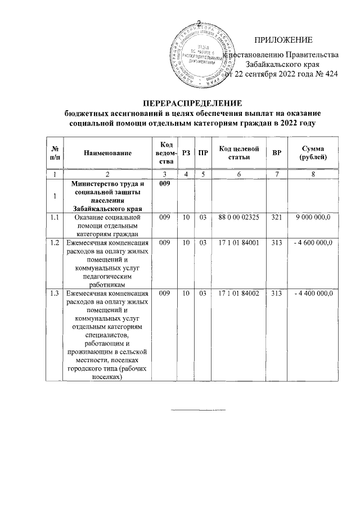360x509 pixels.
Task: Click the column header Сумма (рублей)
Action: point(313,152)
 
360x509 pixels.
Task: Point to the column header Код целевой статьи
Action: point(238,152)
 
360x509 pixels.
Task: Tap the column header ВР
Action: point(277,152)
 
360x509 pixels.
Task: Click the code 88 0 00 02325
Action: point(239,217)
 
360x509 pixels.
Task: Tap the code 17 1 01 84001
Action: point(239,242)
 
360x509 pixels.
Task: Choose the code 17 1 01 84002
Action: point(239,293)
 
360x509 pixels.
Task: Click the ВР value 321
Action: point(277,217)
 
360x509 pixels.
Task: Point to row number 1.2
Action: point(55,242)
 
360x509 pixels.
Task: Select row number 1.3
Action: point(55,293)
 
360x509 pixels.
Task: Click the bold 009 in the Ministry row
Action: point(164,184)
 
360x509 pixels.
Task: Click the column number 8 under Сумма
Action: point(313,175)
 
